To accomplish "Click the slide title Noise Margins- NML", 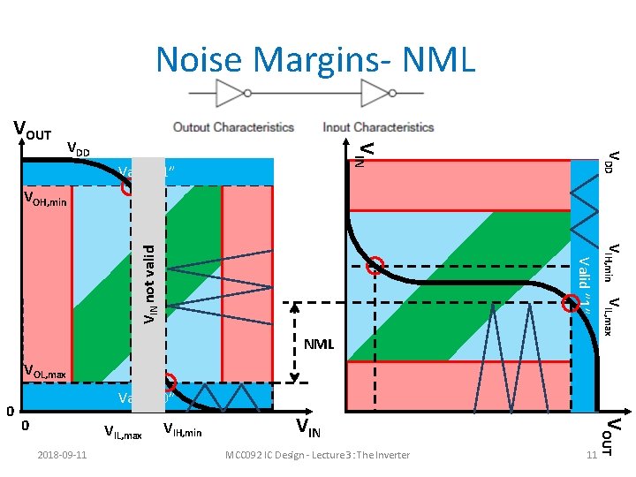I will click(x=315, y=59).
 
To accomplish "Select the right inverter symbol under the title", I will click(x=378, y=92).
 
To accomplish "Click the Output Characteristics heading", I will click(x=233, y=127).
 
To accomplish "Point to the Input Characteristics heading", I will click(x=378, y=127).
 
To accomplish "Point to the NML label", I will click(x=318, y=343).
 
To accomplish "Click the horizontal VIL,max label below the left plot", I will click(x=122, y=433).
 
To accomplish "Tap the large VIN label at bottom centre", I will click(x=314, y=430).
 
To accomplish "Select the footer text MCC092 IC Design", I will click(x=317, y=455).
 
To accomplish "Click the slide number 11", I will click(x=591, y=455).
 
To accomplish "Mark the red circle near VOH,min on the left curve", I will click(x=130, y=187).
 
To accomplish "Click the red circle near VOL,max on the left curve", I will click(x=170, y=383).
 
